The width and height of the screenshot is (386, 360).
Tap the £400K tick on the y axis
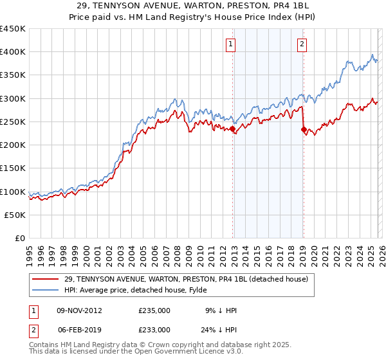(13, 52)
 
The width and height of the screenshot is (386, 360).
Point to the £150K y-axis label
(13, 168)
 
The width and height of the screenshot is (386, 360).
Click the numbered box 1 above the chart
(230, 44)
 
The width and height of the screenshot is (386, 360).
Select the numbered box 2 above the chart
(301, 44)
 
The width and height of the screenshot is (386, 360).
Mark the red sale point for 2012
(232, 129)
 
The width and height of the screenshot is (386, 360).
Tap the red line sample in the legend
(46, 279)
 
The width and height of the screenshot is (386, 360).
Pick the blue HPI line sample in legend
(46, 290)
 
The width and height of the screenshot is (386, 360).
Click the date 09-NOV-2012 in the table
(79, 310)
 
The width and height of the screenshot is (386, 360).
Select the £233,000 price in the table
(154, 328)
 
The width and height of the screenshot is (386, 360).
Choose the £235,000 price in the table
(154, 310)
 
